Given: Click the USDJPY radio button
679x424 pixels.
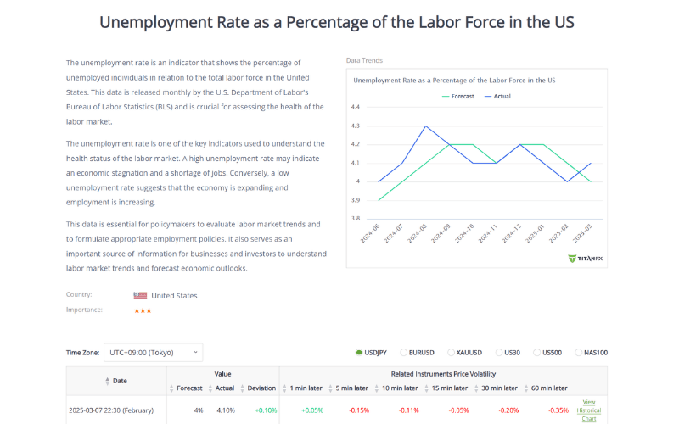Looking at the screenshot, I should coord(360,352).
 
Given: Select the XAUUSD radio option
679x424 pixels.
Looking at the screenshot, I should coord(451,352).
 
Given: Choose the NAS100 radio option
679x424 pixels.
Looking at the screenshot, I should coord(579,352).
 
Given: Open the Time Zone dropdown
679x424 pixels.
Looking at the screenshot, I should coord(154,352).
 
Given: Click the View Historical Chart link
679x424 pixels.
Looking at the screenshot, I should coord(589,410).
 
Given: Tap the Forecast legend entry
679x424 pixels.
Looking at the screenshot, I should coord(457,96).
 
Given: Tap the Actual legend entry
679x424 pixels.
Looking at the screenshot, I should coord(497,96).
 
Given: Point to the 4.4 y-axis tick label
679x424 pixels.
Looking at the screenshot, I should coord(356,107).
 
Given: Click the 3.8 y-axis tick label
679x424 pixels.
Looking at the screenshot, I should coord(356,218).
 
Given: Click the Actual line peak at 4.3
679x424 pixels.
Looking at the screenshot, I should coord(425,126).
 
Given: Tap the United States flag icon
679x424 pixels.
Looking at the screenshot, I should coord(140,296).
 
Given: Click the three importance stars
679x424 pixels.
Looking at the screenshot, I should coord(142,310).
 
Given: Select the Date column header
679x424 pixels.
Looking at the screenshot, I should coord(120,381).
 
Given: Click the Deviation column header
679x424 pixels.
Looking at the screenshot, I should coord(261,388).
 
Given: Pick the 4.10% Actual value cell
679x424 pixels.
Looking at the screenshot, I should coord(224,410).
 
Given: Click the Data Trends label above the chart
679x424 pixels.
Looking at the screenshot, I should coord(364,61).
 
